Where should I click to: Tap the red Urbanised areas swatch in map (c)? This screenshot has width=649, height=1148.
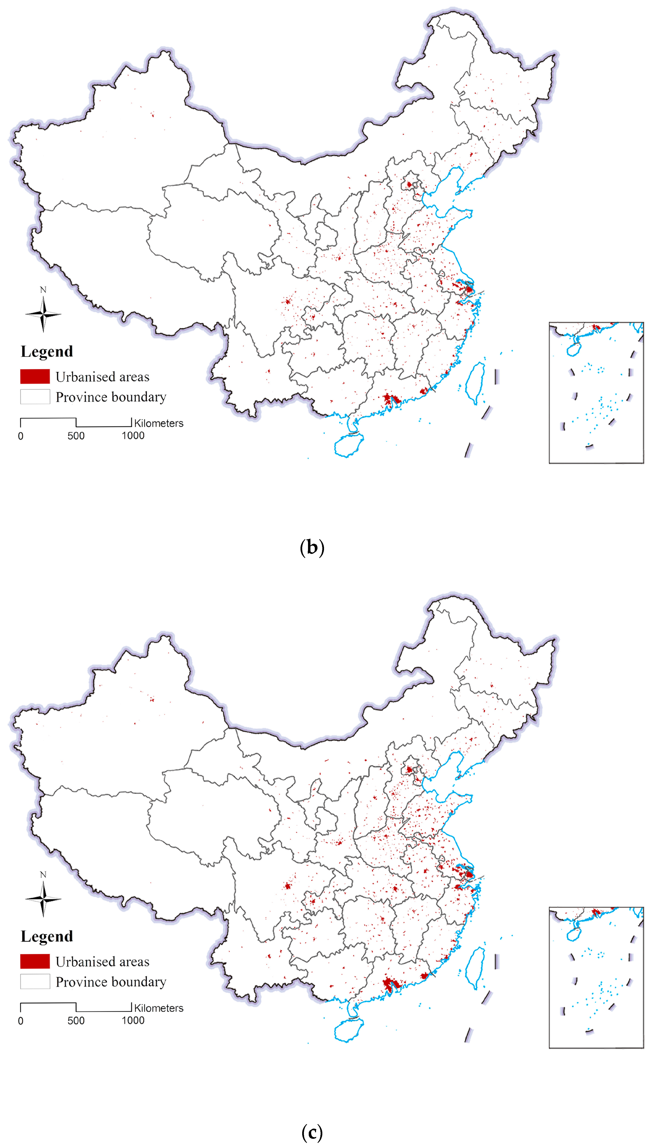point(35,961)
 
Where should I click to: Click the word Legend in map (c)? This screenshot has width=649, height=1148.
point(47,936)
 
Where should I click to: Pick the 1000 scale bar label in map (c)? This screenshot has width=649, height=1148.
point(133,1021)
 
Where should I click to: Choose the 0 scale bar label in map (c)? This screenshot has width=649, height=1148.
point(21,1021)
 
